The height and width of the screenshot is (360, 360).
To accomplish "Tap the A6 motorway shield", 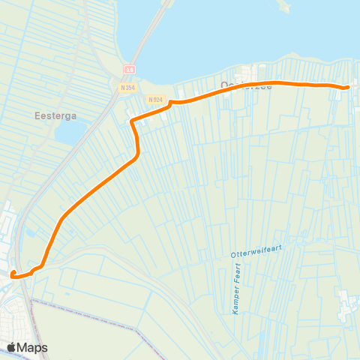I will coord(129,68).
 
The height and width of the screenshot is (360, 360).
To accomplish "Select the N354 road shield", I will coord(127,87).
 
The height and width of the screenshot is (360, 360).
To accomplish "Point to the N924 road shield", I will coord(155,99).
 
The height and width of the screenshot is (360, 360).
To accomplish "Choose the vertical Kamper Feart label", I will coord(237,289).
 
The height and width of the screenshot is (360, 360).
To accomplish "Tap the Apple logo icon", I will coord(12,347).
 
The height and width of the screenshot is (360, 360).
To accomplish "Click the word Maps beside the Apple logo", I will coord(34,347).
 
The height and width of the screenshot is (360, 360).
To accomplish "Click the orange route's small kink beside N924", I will coord(172,103).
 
